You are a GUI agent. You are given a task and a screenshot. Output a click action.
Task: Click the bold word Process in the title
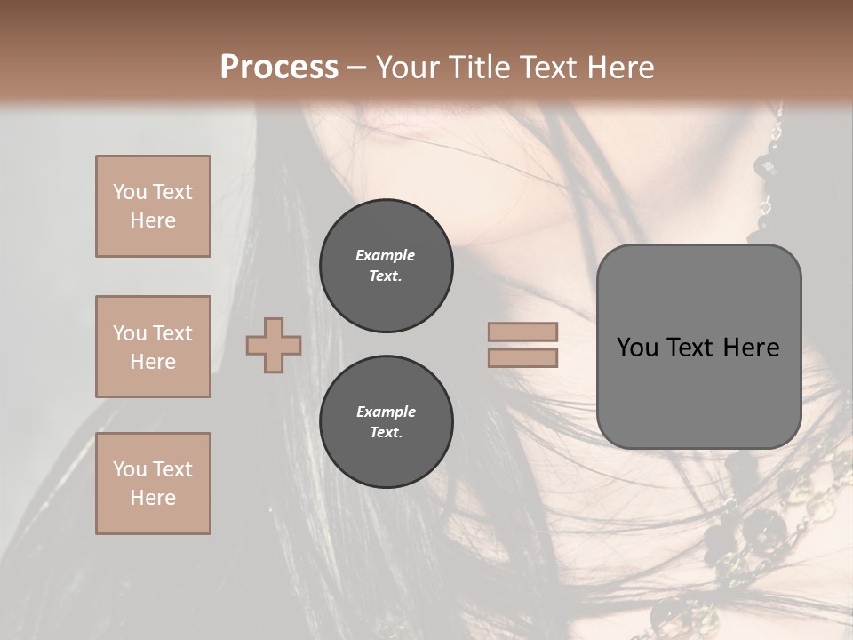[279, 68]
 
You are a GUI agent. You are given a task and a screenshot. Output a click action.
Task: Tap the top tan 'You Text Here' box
[153, 206]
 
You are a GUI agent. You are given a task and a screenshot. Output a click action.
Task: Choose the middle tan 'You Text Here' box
[153, 347]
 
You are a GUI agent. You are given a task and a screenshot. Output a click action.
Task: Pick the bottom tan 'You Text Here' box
[153, 484]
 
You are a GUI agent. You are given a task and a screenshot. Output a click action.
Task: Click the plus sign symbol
[274, 345]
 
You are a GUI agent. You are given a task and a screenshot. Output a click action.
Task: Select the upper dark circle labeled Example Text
[386, 266]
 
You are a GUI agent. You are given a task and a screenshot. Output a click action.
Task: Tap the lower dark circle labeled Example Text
[386, 422]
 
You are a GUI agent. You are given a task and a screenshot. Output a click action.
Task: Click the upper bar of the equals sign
[522, 332]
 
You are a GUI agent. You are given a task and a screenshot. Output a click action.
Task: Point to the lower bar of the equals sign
[522, 357]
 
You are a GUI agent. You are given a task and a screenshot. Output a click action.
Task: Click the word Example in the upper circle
[386, 255]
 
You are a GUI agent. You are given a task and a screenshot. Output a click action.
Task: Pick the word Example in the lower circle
[386, 412]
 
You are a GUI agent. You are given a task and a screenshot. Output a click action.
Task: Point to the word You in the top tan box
[129, 192]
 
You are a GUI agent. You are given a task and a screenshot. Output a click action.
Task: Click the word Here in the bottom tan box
[153, 498]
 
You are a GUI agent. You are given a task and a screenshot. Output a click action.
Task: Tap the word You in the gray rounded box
[637, 348]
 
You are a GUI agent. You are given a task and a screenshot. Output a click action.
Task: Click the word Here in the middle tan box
[153, 362]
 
